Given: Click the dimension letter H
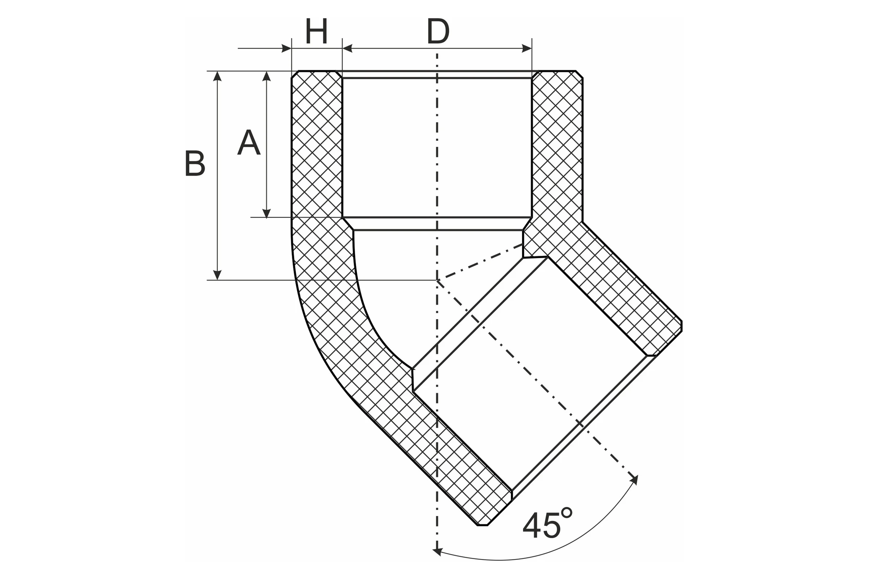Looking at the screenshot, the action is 316,31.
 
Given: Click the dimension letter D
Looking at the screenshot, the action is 438,31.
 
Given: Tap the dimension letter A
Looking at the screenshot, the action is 249,142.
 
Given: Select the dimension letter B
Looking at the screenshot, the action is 195,163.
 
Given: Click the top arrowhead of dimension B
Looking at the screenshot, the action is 217,76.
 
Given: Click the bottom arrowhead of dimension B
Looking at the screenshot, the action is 217,275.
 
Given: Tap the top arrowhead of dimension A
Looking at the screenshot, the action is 266,76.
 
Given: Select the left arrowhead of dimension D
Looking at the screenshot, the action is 347,48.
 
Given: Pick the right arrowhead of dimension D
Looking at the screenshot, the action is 527,48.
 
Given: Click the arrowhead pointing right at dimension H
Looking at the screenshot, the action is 287,48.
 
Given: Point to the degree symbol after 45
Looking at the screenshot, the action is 566,513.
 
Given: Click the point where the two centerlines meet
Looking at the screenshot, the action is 437,280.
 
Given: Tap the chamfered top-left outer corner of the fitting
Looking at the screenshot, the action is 295,74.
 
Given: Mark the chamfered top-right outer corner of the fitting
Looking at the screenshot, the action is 579,74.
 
